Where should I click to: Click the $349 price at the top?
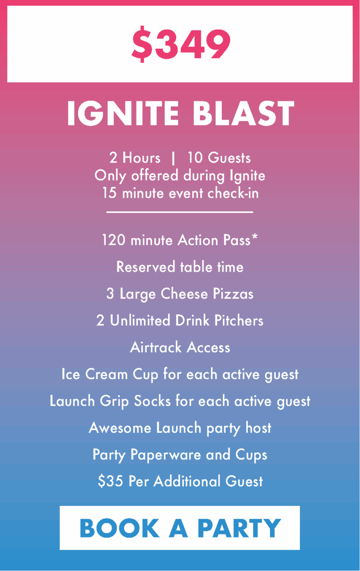181,45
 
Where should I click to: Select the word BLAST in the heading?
244,114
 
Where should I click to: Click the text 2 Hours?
135,158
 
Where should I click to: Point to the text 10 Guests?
219,158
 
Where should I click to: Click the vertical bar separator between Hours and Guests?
173,158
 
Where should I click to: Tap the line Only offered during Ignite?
180,176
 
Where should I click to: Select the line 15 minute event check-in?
180,194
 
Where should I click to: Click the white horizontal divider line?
180,212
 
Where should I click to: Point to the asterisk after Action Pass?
254,238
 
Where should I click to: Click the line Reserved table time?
180,267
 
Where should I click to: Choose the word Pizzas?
232,294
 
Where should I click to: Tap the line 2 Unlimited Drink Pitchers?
180,321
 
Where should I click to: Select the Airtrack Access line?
180,348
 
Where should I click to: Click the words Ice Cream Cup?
110,374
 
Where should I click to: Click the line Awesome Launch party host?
180,428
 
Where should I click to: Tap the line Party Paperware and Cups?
180,455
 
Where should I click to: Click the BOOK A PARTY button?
180,528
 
